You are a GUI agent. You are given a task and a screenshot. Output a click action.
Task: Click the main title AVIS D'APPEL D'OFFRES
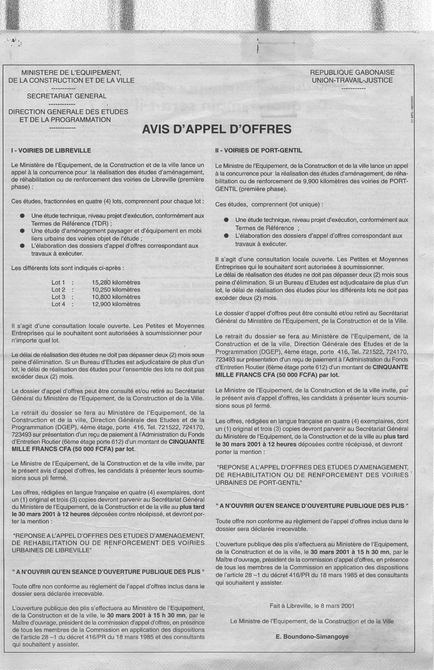tap(217, 129)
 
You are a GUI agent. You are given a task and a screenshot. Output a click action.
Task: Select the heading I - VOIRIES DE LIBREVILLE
tap(51, 150)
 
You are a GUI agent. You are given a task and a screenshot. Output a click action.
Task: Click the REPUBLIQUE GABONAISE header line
tap(352, 72)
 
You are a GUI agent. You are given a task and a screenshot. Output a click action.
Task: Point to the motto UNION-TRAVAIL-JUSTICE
tap(352, 80)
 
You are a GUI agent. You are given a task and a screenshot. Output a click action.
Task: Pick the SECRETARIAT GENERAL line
tap(67, 96)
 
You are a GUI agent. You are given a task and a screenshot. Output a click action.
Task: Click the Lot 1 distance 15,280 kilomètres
tap(116, 283)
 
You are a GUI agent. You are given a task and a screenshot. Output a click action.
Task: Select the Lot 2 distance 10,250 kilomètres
tap(116, 290)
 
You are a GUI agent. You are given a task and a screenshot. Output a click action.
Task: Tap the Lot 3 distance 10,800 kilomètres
tap(116, 297)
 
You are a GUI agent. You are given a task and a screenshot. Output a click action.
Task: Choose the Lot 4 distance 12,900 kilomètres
tap(116, 304)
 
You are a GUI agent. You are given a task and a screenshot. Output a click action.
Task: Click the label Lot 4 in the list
tap(58, 304)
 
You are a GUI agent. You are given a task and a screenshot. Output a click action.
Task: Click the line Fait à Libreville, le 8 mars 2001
tap(312, 605)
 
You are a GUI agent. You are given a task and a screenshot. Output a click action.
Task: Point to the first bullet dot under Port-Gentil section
tap(226, 219)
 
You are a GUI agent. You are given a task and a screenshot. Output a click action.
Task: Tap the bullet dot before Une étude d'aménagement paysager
tap(22, 231)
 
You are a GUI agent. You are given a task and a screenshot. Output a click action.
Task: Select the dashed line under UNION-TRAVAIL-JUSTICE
tap(352, 88)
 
